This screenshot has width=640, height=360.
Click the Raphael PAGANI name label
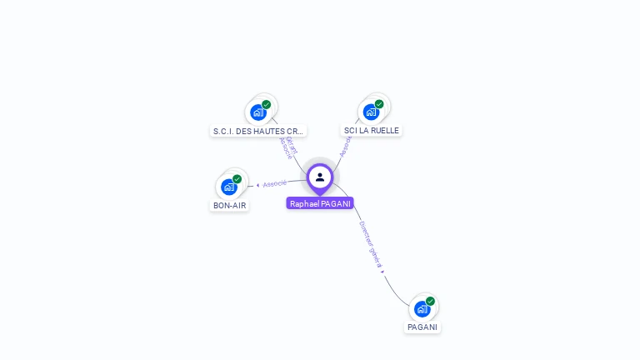[320, 203]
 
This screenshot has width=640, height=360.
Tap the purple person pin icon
[320, 177]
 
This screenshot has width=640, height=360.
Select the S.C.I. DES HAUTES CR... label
[258, 131]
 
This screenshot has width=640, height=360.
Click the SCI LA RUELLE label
[372, 130]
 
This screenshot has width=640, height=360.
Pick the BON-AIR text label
[229, 205]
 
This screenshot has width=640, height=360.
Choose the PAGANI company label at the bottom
[422, 327]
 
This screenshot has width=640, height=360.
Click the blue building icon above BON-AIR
[228, 187]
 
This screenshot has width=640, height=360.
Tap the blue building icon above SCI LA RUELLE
[371, 112]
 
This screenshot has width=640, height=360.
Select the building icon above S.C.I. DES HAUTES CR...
[257, 112]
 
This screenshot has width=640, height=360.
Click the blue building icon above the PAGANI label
[422, 309]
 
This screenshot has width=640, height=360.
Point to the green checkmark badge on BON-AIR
[237, 178]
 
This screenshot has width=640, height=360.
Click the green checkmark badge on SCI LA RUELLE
[379, 104]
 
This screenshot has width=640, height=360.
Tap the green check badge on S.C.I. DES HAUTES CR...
[267, 104]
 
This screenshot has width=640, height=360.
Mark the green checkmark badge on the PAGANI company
[431, 301]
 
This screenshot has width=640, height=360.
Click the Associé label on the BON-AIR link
[275, 182]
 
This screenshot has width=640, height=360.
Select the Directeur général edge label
[370, 242]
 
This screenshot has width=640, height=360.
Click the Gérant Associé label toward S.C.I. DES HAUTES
[288, 146]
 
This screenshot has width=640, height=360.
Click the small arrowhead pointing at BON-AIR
[258, 185]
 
